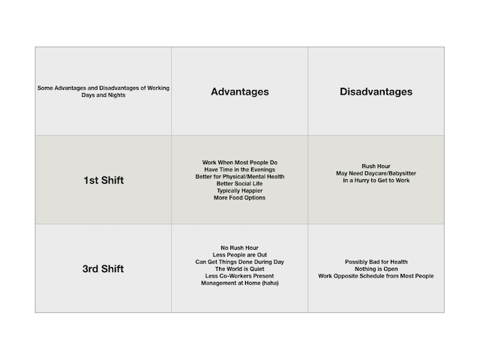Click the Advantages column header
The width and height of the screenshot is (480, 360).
(x=239, y=92)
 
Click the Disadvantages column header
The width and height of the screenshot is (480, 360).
(x=376, y=92)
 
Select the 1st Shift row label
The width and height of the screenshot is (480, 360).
(x=103, y=180)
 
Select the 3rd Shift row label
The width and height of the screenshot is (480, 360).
(x=103, y=268)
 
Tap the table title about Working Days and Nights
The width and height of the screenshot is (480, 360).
(x=103, y=92)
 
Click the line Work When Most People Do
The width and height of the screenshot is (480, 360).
(x=239, y=162)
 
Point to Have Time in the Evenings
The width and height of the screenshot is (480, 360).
(x=239, y=169)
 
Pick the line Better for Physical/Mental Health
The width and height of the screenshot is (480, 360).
(x=239, y=176)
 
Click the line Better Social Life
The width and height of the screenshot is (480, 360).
(x=239, y=184)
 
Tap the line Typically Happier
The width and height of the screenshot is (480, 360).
(x=239, y=190)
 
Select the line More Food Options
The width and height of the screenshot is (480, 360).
(x=239, y=198)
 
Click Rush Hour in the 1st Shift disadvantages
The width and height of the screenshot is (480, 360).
(x=376, y=166)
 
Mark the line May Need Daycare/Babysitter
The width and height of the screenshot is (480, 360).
(x=376, y=173)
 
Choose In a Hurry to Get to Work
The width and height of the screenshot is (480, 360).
(x=376, y=180)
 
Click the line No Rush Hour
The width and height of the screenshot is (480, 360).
(x=239, y=247)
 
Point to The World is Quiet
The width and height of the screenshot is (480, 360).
(x=239, y=268)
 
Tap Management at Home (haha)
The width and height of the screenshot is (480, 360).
(x=239, y=283)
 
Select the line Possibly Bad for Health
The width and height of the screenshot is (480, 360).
(x=376, y=262)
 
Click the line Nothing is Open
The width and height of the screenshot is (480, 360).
(x=376, y=268)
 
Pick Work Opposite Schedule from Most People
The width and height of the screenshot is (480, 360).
(x=376, y=276)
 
